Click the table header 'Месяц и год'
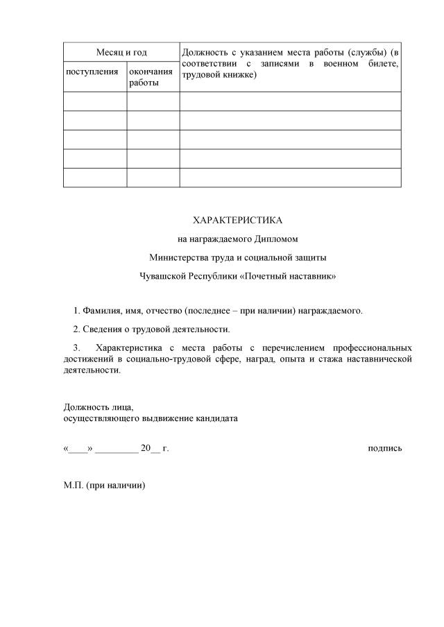coord(121,52)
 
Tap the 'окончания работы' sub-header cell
coord(151,77)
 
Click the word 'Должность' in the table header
coord(204,52)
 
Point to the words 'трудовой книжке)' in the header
coord(220,75)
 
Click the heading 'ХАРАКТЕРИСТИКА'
coord(237,221)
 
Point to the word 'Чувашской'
coord(162,276)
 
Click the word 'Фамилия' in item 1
coord(101,310)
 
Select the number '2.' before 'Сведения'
coord(76,329)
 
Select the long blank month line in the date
coord(117,449)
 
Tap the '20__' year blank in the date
coord(150,449)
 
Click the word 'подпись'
coord(384,449)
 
